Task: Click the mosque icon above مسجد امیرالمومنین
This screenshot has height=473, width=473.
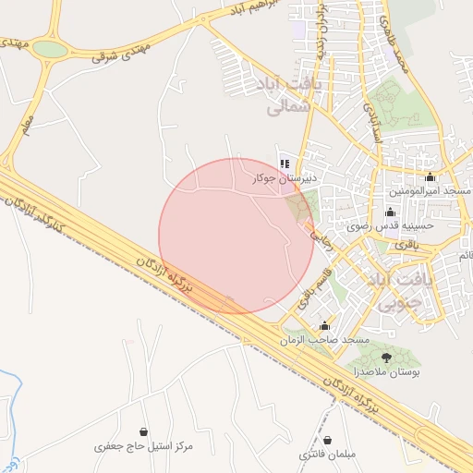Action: coord(430,177)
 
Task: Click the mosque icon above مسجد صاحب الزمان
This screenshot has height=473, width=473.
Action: coord(324,326)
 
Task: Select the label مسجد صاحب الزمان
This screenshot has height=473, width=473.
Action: coord(324,340)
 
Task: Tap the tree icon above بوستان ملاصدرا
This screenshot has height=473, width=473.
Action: coord(385,358)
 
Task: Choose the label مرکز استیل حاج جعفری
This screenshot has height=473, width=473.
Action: coord(144,447)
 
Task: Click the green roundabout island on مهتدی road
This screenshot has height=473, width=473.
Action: coord(51,50)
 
